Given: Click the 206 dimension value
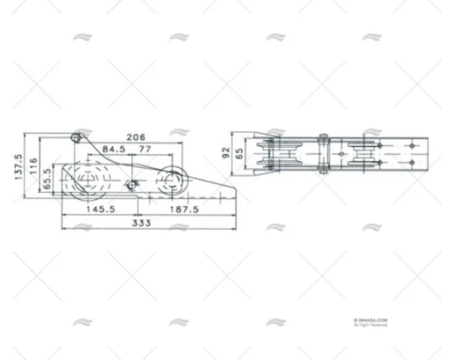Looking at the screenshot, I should point(135,137).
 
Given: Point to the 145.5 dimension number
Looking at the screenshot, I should point(101,208).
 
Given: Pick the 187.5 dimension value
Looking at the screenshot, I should point(184,208).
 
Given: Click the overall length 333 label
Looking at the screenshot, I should point(141,222).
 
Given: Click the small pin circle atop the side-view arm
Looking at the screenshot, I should point(76,137).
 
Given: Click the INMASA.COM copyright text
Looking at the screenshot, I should point(370,321).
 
